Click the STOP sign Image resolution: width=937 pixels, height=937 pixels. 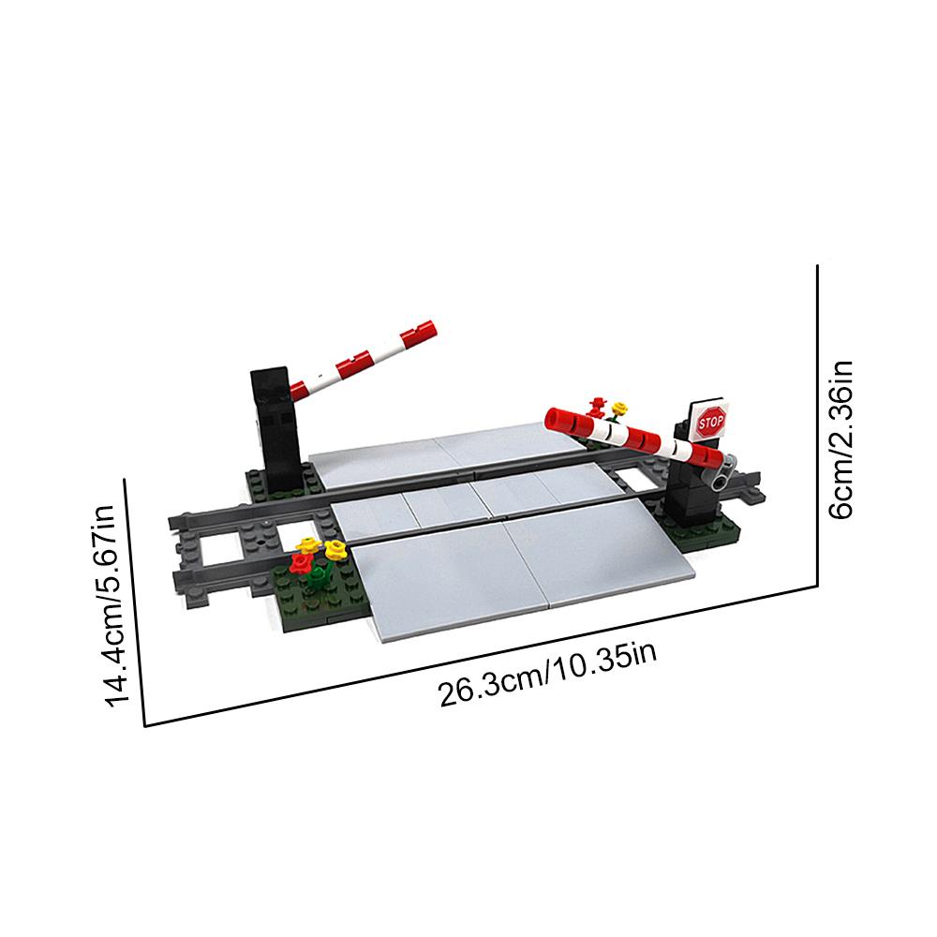(x=710, y=423)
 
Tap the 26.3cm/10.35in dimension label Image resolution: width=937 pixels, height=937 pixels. (x=548, y=674)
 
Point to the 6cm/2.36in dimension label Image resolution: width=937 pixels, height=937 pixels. (x=840, y=439)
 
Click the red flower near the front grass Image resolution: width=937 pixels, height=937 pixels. (x=302, y=563)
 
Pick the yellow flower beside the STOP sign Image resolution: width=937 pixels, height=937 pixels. (x=619, y=409)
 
